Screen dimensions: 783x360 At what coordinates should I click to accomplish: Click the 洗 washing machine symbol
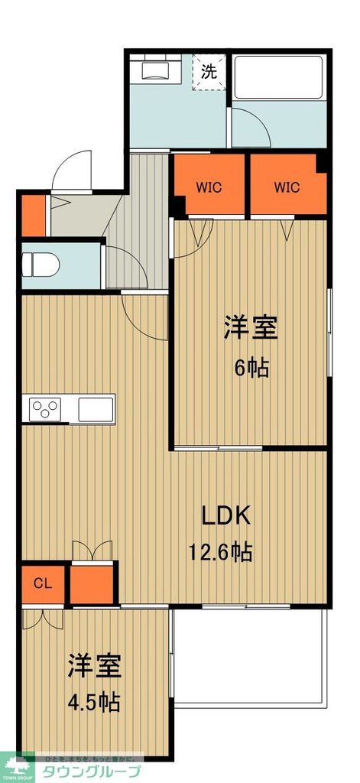point(209,73)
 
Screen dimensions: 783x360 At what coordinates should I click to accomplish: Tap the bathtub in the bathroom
point(280,76)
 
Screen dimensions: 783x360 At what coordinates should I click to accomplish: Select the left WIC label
point(209,187)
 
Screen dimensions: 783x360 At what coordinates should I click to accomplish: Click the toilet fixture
point(39,265)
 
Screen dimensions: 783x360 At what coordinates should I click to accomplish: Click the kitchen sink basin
point(96,408)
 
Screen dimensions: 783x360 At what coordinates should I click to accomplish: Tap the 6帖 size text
point(251,369)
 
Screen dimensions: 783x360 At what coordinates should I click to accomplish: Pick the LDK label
point(226,516)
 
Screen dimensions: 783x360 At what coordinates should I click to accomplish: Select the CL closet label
point(43,584)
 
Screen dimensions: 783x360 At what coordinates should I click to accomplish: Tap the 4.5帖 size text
point(95,700)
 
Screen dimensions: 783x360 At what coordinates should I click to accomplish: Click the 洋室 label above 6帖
point(251,329)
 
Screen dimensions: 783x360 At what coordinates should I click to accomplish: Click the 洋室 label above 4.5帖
point(95,665)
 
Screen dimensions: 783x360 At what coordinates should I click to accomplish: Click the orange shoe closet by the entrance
point(33,216)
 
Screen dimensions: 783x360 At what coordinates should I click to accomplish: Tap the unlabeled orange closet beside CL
point(94,584)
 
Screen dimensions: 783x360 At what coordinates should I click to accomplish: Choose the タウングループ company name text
point(91,770)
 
